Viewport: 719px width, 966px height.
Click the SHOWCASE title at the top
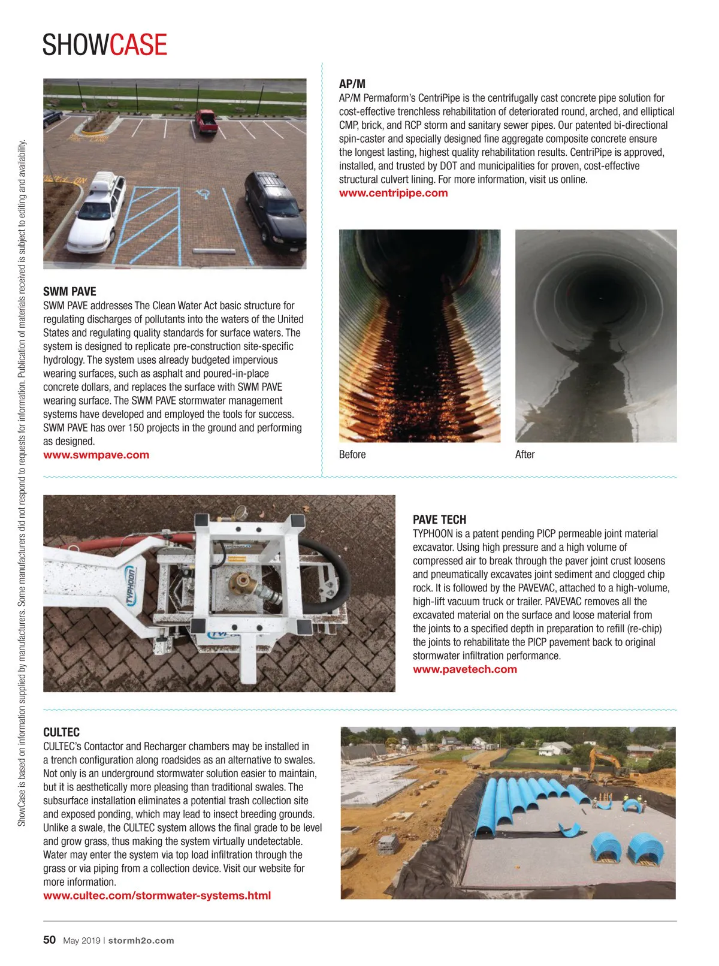[x=105, y=45]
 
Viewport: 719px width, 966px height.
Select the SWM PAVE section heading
[x=70, y=292]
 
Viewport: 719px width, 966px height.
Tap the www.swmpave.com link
[x=96, y=455]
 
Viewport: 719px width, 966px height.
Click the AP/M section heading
[x=352, y=84]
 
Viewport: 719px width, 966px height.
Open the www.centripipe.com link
[x=393, y=193]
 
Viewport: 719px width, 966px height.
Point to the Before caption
[x=352, y=455]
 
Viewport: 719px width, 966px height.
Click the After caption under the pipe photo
[x=524, y=455]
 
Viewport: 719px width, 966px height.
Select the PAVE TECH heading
[x=439, y=520]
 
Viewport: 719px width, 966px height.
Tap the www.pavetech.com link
[x=464, y=669]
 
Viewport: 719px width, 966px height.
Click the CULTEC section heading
[x=61, y=732]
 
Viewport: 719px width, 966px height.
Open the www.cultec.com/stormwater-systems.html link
[x=157, y=896]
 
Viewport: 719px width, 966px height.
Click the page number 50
[x=49, y=940]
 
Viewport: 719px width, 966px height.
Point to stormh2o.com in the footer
[x=141, y=941]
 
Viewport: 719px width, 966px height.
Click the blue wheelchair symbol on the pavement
[x=204, y=193]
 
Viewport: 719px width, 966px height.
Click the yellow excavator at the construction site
[x=606, y=765]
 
